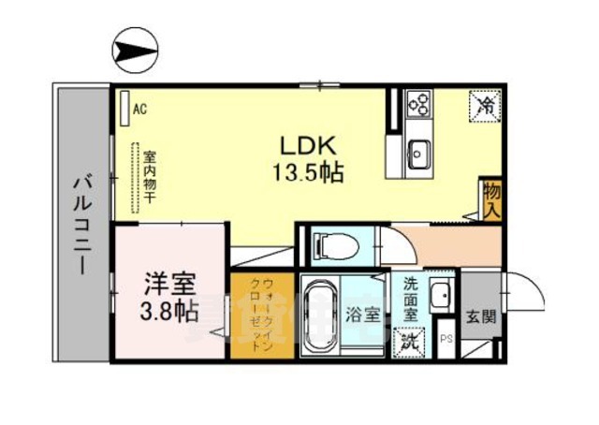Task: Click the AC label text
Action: (139, 110)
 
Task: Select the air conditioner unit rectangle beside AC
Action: (124, 109)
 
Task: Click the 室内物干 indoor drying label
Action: (148, 178)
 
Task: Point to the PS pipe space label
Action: (446, 341)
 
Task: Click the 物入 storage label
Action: (490, 200)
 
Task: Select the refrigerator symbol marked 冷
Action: (484, 105)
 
